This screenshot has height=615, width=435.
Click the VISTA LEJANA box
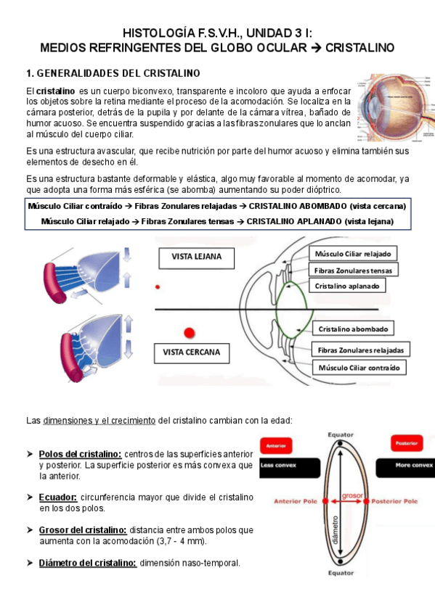pos(196,257)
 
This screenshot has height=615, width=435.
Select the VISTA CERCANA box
pos(192,353)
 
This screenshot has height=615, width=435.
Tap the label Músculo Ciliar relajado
pos(352,254)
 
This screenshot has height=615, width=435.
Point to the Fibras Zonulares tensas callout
pos(353,271)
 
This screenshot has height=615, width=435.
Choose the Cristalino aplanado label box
pos(347,286)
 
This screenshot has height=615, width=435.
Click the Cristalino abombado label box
pos(353,329)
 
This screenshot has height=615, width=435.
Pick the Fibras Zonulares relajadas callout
pos(360,350)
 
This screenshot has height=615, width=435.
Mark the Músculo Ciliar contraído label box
pos(359,368)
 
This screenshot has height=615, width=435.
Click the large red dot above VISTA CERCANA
pos(190,333)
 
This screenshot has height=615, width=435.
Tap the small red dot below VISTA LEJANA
pos(158,287)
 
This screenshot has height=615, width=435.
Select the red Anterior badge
pos(276,445)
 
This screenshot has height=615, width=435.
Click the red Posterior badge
pos(407,443)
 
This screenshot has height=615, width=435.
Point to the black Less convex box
pos(290,468)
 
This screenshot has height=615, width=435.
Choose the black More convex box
pos(405,468)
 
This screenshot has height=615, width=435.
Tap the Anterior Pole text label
pos(296,501)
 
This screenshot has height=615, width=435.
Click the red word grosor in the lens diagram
pos(352,495)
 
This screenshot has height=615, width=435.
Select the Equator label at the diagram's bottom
pos(341,573)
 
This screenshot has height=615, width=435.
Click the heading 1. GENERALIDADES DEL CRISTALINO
pos(113,73)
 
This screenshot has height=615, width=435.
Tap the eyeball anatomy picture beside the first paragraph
pos(396,107)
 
